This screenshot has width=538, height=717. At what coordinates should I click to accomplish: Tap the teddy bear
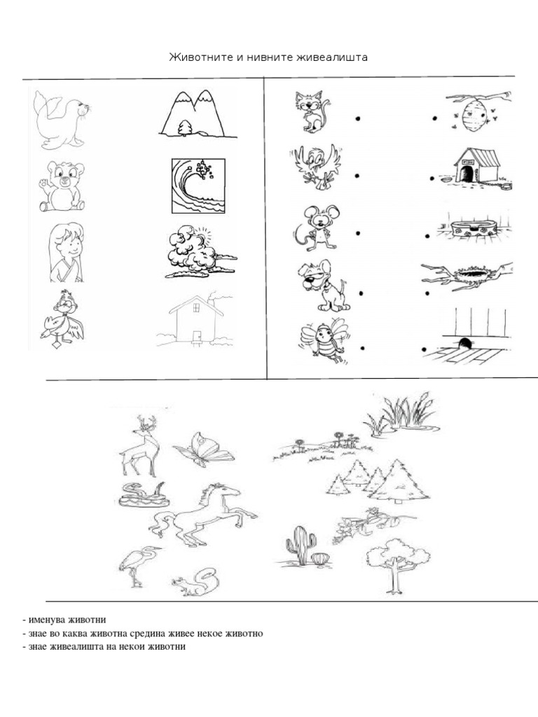point(61,186)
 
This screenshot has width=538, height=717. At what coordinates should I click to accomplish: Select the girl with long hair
point(65,252)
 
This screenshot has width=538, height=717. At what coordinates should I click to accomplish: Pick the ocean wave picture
point(199,186)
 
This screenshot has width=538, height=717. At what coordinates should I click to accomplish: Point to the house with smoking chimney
point(194,320)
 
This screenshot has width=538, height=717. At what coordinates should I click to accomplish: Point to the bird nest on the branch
point(466,275)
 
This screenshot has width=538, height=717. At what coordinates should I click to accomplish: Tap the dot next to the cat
point(358,119)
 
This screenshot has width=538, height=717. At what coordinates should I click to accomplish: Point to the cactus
point(301,545)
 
